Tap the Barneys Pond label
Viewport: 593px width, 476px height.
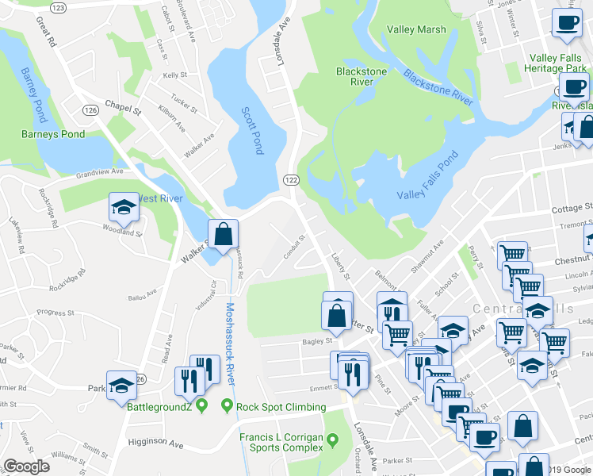pyautogui.click(x=53, y=134)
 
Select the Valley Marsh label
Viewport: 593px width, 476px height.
pyautogui.click(x=416, y=29)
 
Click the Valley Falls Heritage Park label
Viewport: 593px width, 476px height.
pyautogui.click(x=557, y=63)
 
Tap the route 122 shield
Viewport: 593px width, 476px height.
pyautogui.click(x=289, y=181)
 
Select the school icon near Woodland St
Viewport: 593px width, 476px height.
pyautogui.click(x=124, y=209)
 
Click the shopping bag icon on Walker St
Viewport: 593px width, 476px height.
pyautogui.click(x=224, y=234)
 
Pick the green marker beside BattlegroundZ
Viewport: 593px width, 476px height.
pyautogui.click(x=202, y=407)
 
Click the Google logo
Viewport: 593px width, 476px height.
pyautogui.click(x=26, y=466)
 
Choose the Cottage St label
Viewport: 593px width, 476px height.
pyautogui.click(x=572, y=209)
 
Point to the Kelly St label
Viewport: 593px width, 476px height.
pyautogui.click(x=174, y=75)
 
